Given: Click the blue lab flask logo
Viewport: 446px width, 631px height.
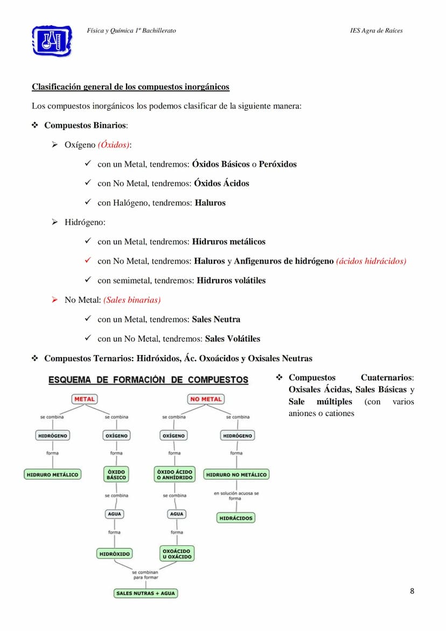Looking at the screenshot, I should tap(52, 40).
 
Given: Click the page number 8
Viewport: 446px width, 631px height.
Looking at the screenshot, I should tap(412, 591).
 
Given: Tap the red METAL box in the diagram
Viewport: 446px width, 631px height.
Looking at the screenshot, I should tap(84, 399).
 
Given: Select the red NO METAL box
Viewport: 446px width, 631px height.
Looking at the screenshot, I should tap(206, 399).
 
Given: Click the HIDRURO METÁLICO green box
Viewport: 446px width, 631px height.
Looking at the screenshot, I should tap(53, 475).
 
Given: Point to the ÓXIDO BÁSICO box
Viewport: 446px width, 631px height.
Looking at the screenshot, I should tap(116, 474).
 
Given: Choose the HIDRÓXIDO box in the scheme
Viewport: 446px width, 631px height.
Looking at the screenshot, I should tap(115, 553).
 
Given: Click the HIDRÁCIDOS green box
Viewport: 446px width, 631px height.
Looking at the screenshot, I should tap(235, 518).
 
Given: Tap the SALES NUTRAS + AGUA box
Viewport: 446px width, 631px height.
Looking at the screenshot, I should tap(145, 593).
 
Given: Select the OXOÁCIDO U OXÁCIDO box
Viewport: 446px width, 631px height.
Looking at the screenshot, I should tap(177, 553).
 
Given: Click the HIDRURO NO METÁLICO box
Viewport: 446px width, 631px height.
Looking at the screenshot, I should tap(236, 475).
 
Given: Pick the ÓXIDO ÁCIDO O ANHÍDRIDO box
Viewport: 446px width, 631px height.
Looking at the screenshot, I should tap(174, 474).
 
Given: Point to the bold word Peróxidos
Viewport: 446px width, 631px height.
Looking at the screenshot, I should tap(277, 164).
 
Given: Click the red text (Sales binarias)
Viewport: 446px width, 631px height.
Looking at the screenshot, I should tap(132, 300).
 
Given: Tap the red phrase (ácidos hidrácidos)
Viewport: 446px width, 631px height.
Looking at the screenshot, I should tap(371, 261).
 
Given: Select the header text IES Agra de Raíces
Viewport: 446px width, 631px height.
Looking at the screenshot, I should tap(376, 31).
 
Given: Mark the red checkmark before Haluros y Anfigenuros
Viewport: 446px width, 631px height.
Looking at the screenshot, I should tap(88, 261).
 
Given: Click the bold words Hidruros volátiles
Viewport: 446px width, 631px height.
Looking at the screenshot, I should tap(231, 280).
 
